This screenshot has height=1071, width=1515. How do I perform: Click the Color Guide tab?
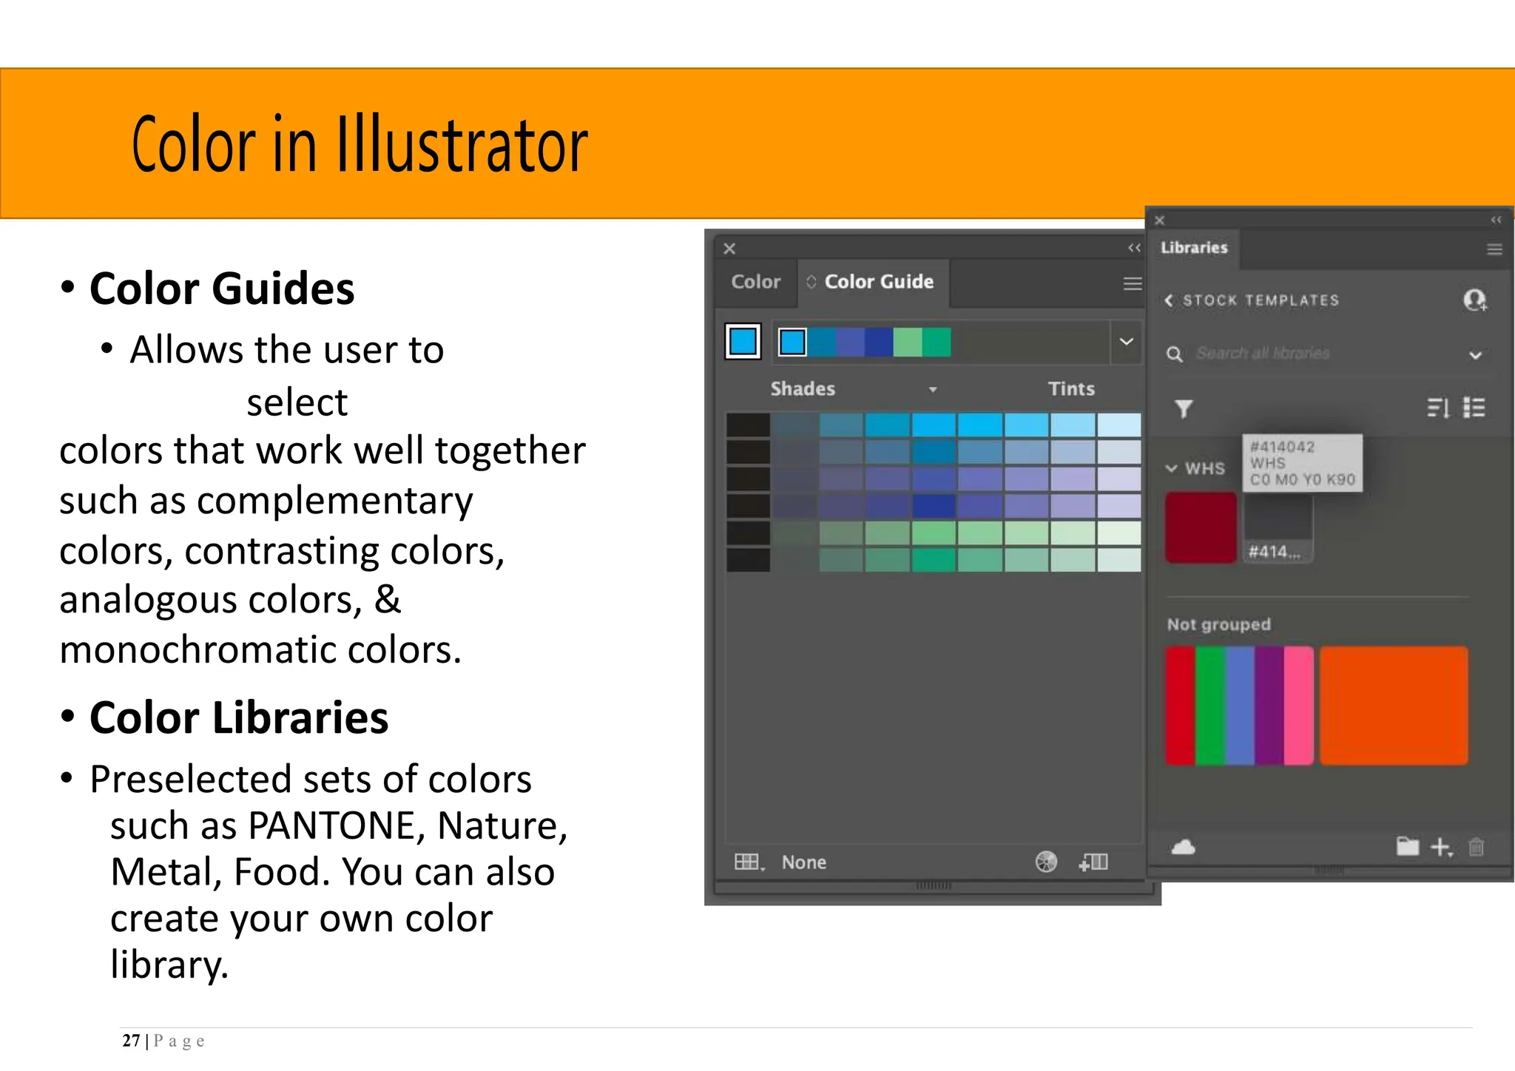(x=878, y=282)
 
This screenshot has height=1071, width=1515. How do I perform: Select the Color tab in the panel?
(x=755, y=282)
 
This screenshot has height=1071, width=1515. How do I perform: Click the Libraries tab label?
(x=1193, y=248)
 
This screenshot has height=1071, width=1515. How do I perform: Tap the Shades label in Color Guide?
(x=803, y=389)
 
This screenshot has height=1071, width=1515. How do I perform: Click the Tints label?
(x=1070, y=389)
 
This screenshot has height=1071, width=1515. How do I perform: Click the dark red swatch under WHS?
(x=1201, y=527)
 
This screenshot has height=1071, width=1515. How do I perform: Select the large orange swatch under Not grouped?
(x=1393, y=705)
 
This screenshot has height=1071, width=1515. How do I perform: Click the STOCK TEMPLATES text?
(x=1261, y=300)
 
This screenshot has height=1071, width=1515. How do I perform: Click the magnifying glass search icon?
(x=1174, y=354)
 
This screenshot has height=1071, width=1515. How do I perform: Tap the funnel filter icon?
(x=1184, y=408)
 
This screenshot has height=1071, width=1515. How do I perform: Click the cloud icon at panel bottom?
(x=1184, y=847)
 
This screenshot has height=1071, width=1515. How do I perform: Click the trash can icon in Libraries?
(x=1476, y=847)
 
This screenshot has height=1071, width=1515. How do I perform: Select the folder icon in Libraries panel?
(x=1407, y=846)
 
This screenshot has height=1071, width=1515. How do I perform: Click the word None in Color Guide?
(x=803, y=862)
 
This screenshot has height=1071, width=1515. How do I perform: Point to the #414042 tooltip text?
(x=1282, y=447)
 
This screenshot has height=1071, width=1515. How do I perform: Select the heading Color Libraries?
(x=238, y=717)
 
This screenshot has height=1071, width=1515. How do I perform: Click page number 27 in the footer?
(x=131, y=1041)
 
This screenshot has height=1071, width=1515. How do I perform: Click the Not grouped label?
(x=1218, y=625)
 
